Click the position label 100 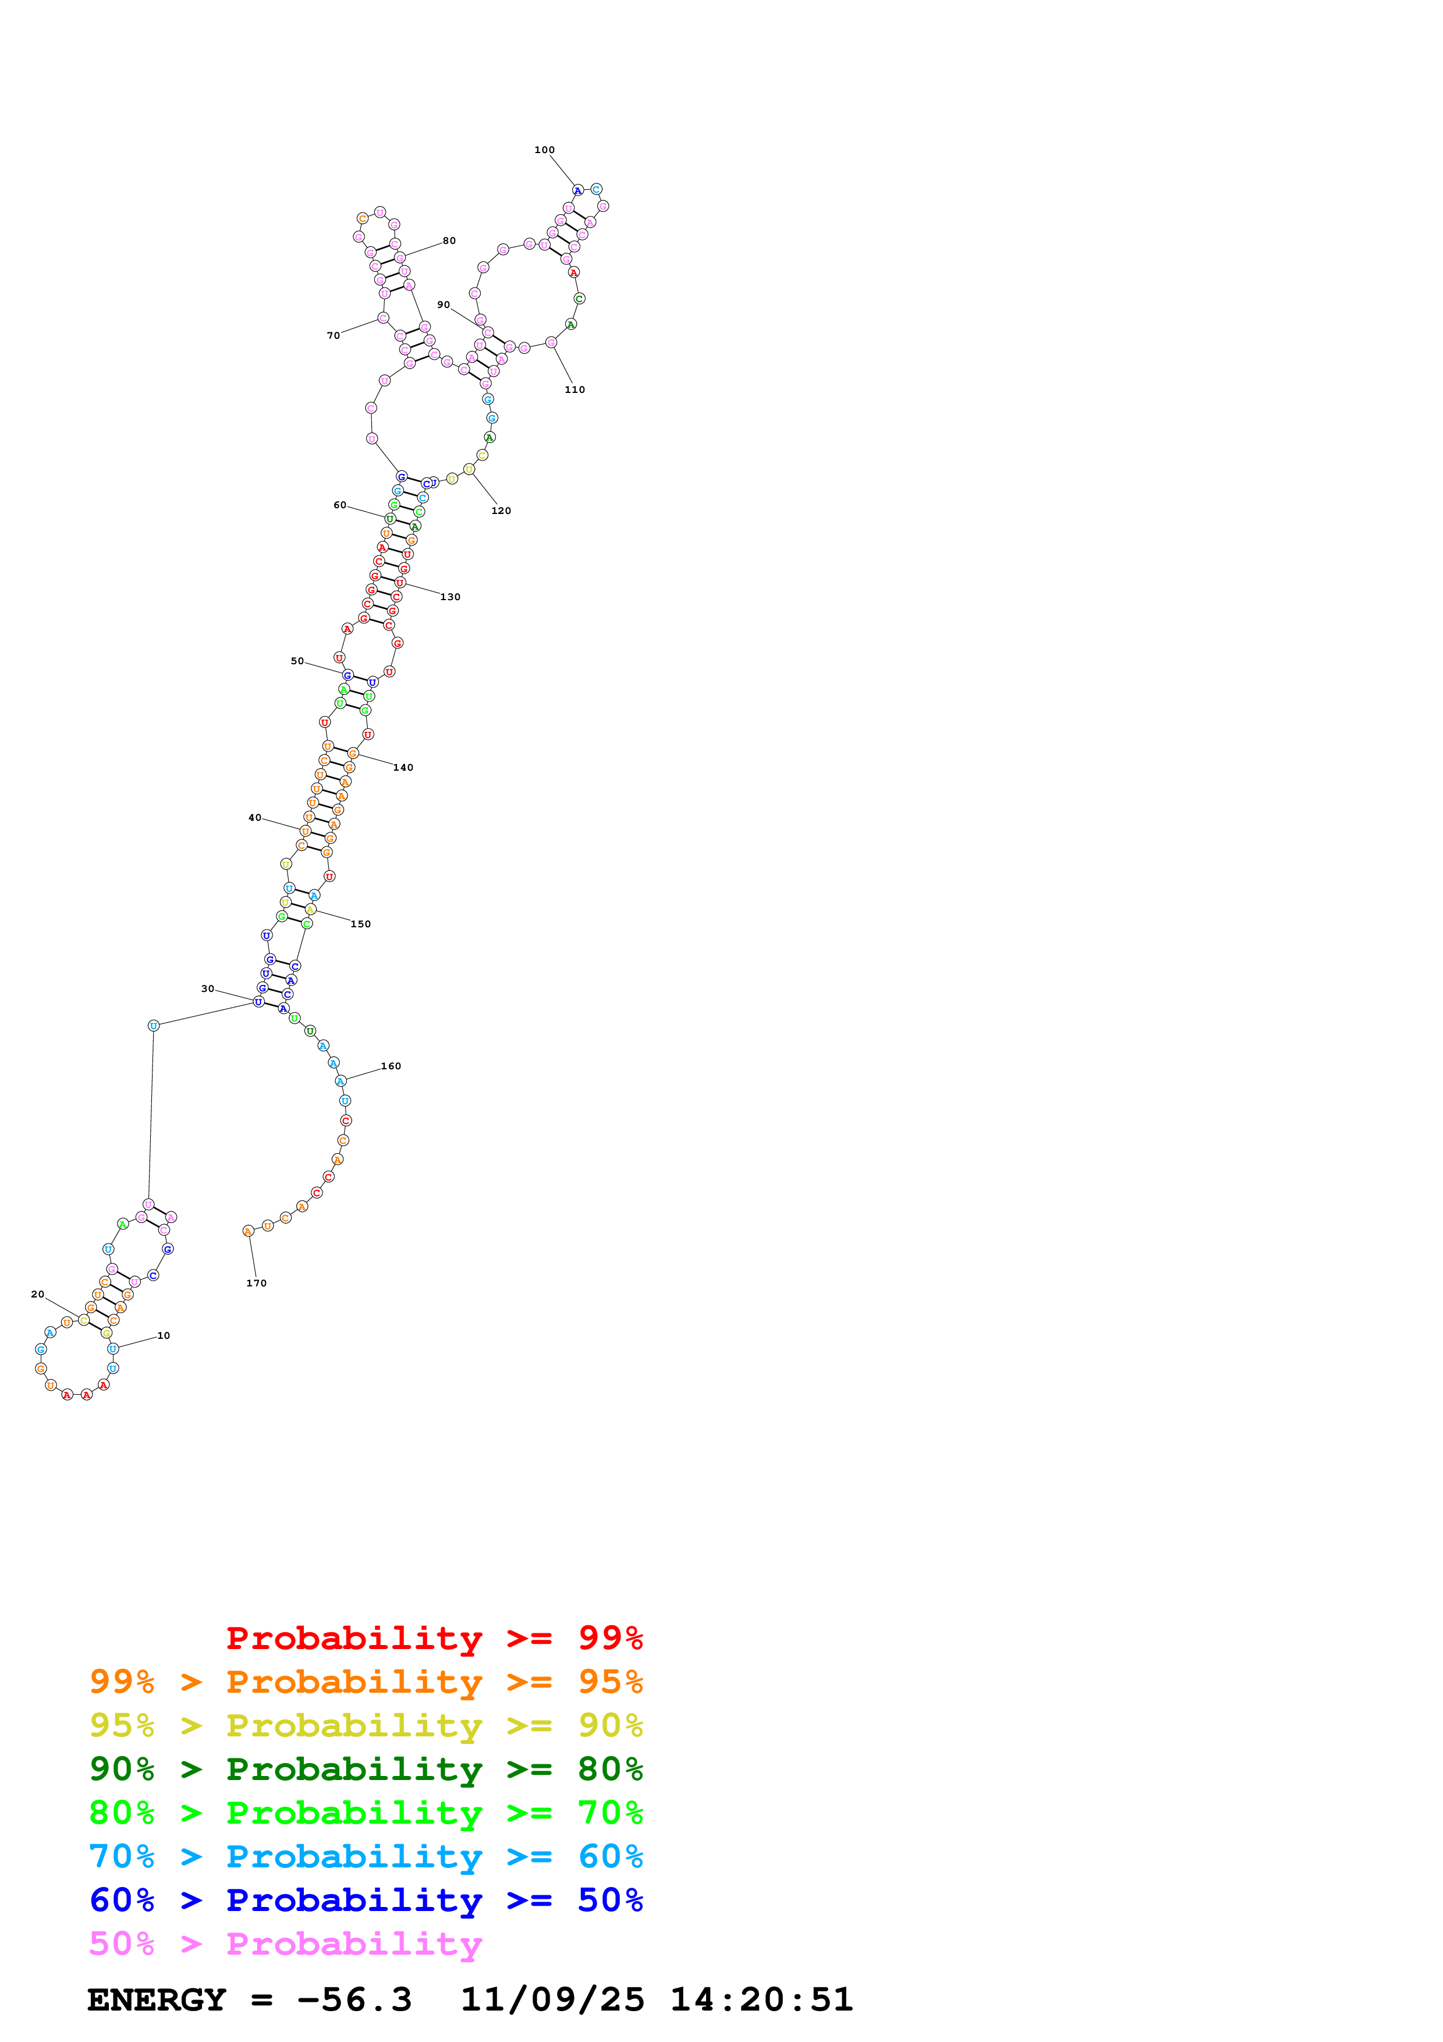(544, 150)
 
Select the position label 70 (334, 336)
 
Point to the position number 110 (575, 389)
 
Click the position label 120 (501, 512)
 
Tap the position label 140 (403, 768)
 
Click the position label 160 (391, 1066)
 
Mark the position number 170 (256, 1284)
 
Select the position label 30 (207, 989)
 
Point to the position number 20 (37, 1295)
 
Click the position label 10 (164, 1336)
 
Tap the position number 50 (297, 662)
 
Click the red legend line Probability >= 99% (434, 1638)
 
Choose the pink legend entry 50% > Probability (285, 1944)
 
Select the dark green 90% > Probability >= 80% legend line (366, 1769)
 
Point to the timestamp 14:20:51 (761, 2000)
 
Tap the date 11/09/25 (552, 2000)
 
